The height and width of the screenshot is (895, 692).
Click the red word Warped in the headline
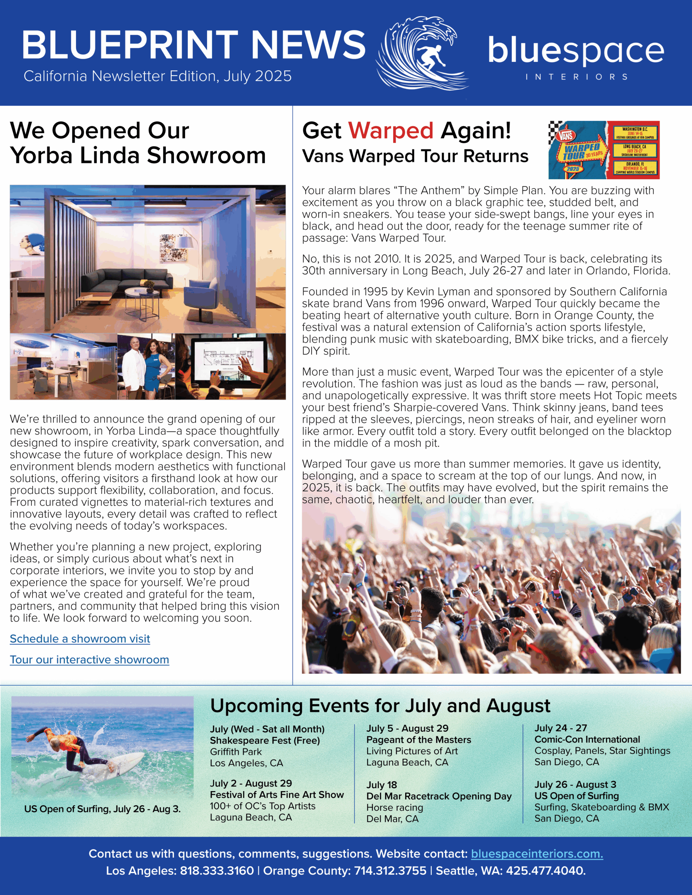pos(390,131)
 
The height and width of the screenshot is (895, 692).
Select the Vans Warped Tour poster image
pos(604,150)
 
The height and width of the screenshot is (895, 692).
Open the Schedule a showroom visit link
pos(80,639)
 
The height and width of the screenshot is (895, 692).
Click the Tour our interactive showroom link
pos(90,660)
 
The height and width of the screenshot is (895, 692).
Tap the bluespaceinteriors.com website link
pos(537,854)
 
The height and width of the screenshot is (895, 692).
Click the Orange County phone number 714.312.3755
pos(390,871)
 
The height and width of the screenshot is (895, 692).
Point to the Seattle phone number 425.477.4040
pos(545,871)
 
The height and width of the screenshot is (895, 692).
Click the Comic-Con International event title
pos(587,739)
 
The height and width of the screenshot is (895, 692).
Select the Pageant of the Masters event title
pos(418,740)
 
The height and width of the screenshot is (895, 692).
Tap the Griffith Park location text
pos(235,752)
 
